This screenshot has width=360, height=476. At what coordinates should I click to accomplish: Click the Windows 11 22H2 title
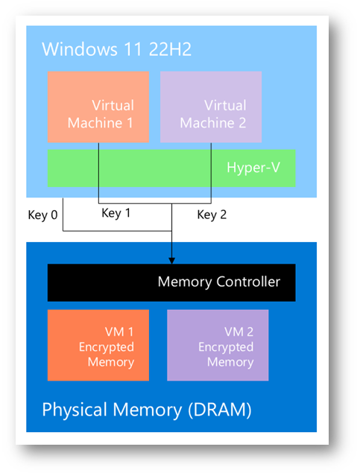coord(117,49)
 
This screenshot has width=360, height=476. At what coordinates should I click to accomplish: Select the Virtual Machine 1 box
coord(98,107)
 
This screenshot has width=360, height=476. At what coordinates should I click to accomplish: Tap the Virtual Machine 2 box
coord(211,107)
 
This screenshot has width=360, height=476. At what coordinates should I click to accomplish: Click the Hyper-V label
coord(253,168)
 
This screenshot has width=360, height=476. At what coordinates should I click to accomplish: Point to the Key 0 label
coord(42,215)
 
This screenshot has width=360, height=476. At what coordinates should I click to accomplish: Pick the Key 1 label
coord(116,213)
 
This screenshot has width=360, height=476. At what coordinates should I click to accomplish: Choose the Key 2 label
coord(212,215)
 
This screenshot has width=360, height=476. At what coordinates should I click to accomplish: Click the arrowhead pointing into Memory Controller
coord(171,261)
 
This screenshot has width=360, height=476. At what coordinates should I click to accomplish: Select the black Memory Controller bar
coord(171,282)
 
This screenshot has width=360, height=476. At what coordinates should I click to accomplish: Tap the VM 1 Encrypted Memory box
coord(98,345)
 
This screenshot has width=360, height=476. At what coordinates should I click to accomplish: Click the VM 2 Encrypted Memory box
coord(218,345)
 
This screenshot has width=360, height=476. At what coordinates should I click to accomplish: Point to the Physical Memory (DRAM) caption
coord(147,410)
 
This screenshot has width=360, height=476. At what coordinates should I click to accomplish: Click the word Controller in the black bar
coord(248,282)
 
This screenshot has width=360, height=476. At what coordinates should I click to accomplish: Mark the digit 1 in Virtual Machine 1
coord(130,123)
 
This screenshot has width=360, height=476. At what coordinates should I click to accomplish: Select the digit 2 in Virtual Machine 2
coord(242,123)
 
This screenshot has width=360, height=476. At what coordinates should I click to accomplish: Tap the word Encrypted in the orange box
coord(107,347)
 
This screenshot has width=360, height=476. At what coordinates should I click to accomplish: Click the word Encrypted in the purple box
coord(226,347)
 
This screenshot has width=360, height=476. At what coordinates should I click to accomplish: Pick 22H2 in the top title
coord(170,49)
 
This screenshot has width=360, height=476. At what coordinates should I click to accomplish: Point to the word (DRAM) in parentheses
coord(220,410)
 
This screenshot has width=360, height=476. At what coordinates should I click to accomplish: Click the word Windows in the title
coord(80,49)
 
